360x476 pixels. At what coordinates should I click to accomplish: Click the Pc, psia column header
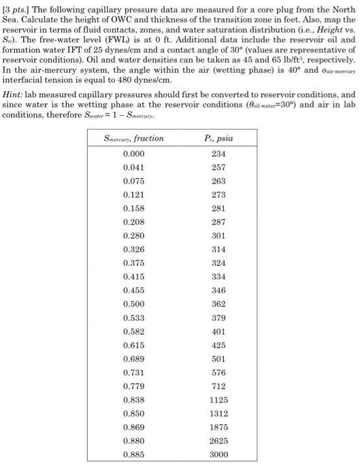(218, 138)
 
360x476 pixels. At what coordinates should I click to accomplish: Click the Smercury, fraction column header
(133, 138)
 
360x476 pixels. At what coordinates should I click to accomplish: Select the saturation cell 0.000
(133, 154)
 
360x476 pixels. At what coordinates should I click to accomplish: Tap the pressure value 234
(218, 154)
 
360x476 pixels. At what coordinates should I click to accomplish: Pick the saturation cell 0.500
(133, 304)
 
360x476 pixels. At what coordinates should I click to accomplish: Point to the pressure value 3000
(218, 455)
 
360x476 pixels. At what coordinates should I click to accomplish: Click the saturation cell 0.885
(133, 455)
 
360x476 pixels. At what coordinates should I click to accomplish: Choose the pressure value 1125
(218, 400)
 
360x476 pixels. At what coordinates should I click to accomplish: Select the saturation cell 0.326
(133, 250)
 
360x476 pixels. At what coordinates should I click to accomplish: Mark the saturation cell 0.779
(133, 386)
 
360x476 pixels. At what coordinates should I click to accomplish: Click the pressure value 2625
(218, 441)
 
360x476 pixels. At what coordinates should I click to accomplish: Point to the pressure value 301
(218, 235)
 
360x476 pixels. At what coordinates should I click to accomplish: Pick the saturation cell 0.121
(133, 194)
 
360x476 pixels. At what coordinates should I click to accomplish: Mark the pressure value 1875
(218, 427)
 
